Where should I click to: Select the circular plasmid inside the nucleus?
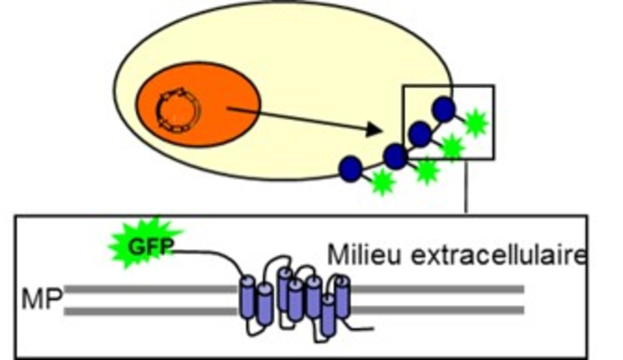click(x=176, y=109)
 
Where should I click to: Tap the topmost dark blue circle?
click(x=444, y=109)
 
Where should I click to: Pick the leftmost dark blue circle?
click(x=351, y=168)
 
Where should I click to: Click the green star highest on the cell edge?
click(x=476, y=123)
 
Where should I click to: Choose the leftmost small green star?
click(x=382, y=183)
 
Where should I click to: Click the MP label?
click(x=41, y=300)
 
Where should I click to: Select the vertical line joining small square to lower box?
click(x=466, y=186)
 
